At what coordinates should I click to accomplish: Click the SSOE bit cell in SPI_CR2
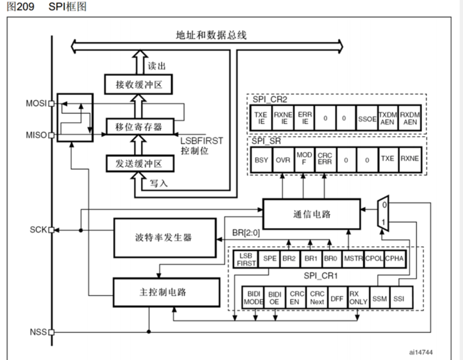click(x=367, y=118)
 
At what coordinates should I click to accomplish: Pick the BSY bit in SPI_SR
click(x=262, y=160)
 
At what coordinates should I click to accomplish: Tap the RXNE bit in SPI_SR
click(x=409, y=160)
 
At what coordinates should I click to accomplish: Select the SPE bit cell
click(x=270, y=259)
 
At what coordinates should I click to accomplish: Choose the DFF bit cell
click(x=337, y=298)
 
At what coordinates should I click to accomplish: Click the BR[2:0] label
click(x=246, y=232)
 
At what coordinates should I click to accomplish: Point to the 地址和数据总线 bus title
click(x=211, y=35)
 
